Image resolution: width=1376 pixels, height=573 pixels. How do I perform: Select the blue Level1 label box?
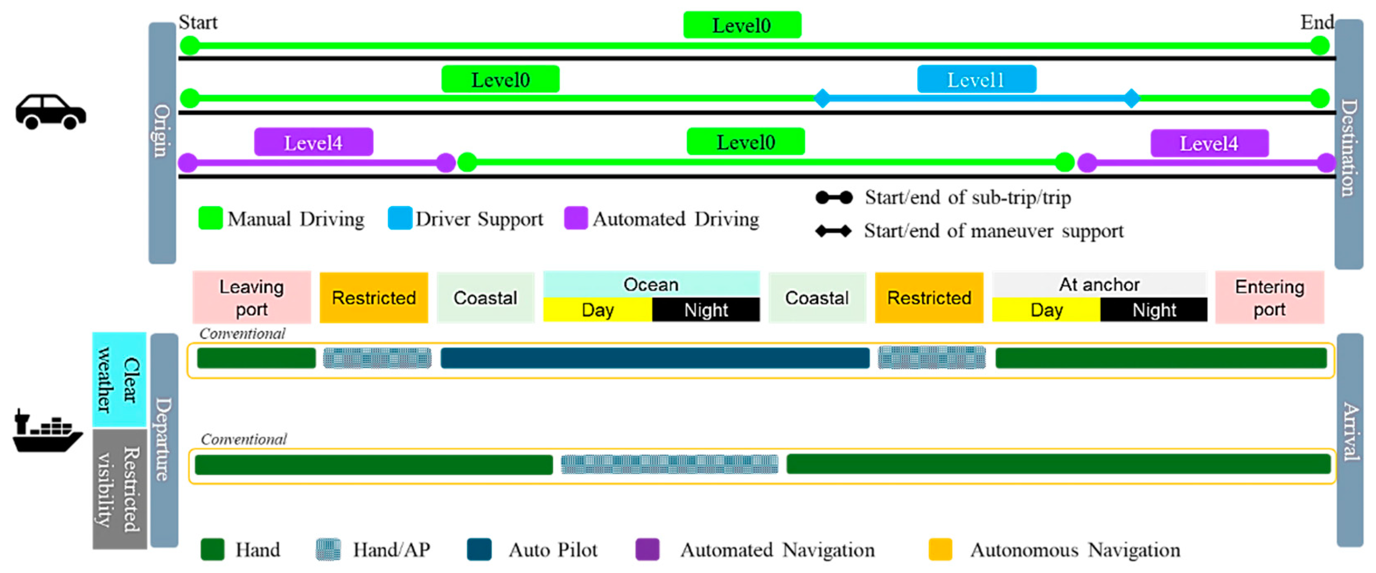[x=977, y=79]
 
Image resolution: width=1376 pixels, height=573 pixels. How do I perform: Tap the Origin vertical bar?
[x=162, y=143]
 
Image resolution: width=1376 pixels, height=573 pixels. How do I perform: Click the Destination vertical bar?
[x=1348, y=144]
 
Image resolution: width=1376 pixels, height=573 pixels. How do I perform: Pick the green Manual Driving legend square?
[x=210, y=218]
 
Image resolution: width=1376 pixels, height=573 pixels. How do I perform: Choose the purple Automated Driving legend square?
[x=576, y=218]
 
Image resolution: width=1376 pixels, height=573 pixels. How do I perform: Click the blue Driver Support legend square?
[x=399, y=218]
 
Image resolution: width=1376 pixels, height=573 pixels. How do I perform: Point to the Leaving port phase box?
[x=251, y=297]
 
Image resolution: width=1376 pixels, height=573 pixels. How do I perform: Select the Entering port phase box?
[x=1269, y=297]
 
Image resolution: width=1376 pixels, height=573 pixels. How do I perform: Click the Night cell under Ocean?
[x=706, y=310]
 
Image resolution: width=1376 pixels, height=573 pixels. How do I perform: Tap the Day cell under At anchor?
[x=1046, y=310]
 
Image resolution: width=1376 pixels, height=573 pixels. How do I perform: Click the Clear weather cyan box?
[x=119, y=380]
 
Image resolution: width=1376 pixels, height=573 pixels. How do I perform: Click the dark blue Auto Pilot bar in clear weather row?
[x=654, y=358]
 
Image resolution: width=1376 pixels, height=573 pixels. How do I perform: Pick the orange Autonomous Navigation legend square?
[x=940, y=549]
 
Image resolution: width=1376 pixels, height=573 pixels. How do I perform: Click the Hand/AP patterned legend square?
[x=328, y=549]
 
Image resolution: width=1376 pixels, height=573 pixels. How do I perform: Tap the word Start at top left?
[x=198, y=22]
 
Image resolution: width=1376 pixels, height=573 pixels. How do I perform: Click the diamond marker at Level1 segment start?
[x=822, y=98]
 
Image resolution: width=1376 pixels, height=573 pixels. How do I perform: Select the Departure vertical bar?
[x=164, y=440]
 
